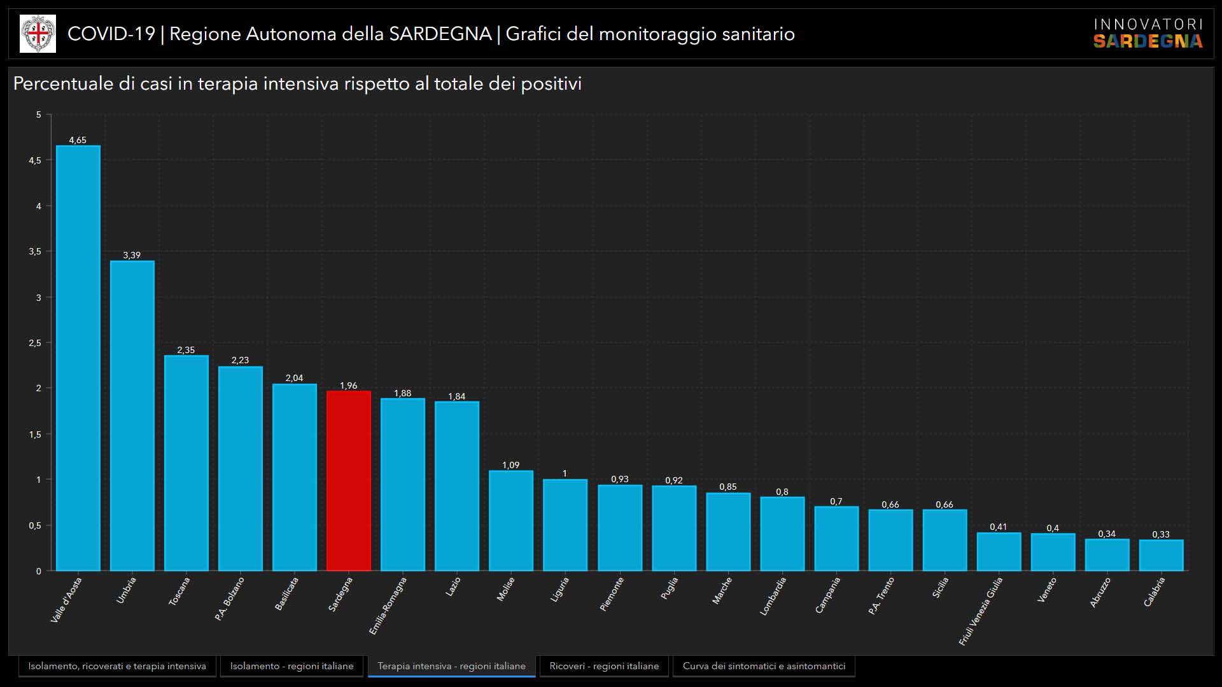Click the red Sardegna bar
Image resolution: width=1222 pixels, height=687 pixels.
click(349, 481)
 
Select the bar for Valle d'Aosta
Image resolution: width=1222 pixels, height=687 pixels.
click(78, 358)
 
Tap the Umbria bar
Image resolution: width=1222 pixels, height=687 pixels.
click(132, 415)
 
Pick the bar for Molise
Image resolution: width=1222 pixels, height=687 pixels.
click(511, 520)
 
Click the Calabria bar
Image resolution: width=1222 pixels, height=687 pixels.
click(1161, 555)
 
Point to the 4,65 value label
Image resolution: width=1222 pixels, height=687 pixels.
click(78, 140)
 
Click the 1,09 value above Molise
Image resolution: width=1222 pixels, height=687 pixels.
click(510, 465)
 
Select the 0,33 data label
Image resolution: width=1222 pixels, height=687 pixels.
click(1161, 534)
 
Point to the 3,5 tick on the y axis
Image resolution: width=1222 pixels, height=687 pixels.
click(35, 252)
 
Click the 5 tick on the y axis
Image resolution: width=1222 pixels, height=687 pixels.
click(39, 114)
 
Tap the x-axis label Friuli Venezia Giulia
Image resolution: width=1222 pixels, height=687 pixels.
click(981, 611)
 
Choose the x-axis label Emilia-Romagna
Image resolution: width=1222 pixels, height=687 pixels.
click(388, 606)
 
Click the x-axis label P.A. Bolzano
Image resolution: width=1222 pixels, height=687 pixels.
click(229, 599)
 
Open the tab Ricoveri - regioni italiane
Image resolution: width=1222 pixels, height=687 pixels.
click(604, 666)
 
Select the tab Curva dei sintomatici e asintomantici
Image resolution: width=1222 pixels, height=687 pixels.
click(764, 666)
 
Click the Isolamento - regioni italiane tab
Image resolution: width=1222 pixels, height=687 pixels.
click(291, 666)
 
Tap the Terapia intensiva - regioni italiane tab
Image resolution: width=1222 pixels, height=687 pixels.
click(451, 666)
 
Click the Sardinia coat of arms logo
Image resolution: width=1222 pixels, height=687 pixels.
click(38, 34)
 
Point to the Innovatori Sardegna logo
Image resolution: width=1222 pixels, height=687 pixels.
click(1148, 34)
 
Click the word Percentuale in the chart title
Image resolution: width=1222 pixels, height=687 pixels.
click(62, 84)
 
